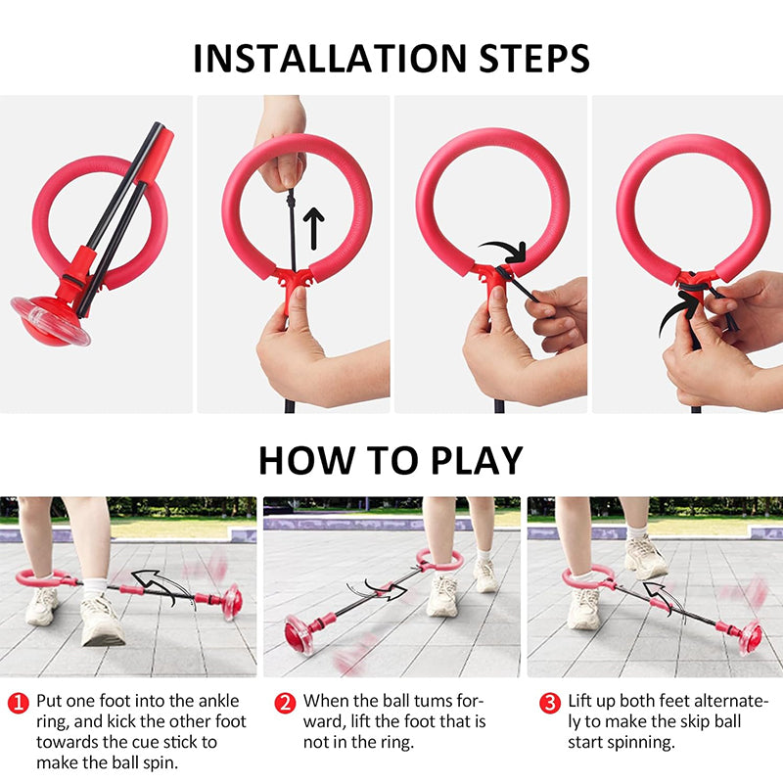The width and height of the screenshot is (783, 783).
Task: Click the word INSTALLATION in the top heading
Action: pyautogui.click(x=330, y=59)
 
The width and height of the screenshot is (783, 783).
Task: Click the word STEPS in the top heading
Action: pyautogui.click(x=534, y=59)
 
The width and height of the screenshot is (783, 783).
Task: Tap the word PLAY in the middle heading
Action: pyautogui.click(x=477, y=460)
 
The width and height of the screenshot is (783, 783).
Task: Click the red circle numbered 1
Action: pyautogui.click(x=19, y=703)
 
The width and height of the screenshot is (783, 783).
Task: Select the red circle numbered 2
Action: pyautogui.click(x=285, y=703)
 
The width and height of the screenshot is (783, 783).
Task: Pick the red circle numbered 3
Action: pyautogui.click(x=550, y=703)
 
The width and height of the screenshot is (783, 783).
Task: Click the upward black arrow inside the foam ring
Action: pyautogui.click(x=313, y=229)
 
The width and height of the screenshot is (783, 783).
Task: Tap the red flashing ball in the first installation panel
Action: pyautogui.click(x=50, y=321)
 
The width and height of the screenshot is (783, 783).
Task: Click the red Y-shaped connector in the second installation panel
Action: pyautogui.click(x=295, y=283)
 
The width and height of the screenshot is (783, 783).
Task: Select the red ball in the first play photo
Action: pyautogui.click(x=232, y=603)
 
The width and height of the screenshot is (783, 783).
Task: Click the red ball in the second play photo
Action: pyautogui.click(x=299, y=634)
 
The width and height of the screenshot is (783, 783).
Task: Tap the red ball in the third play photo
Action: pyautogui.click(x=751, y=637)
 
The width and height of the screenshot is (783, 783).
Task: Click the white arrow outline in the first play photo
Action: pyautogui.click(x=156, y=585)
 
